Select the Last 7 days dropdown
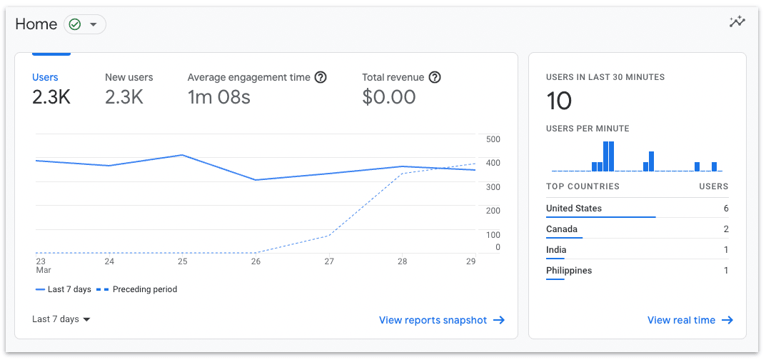pyautogui.click(x=61, y=319)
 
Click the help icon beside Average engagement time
pyautogui.click(x=321, y=77)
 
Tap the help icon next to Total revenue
pyautogui.click(x=434, y=77)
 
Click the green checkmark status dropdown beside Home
pyautogui.click(x=84, y=24)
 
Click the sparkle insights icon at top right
pyautogui.click(x=737, y=22)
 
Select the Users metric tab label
pyautogui.click(x=45, y=77)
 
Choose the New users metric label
pyautogui.click(x=128, y=77)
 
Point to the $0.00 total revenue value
pyautogui.click(x=388, y=97)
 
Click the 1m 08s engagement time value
pyautogui.click(x=218, y=97)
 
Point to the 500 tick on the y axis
pyautogui.click(x=493, y=139)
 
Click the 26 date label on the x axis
pyautogui.click(x=256, y=261)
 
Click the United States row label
pyautogui.click(x=573, y=209)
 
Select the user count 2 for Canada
pyautogui.click(x=725, y=229)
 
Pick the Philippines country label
pyautogui.click(x=568, y=271)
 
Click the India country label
pyautogui.click(x=556, y=250)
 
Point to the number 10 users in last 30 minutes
pyautogui.click(x=559, y=101)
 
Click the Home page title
pyautogui.click(x=36, y=24)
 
